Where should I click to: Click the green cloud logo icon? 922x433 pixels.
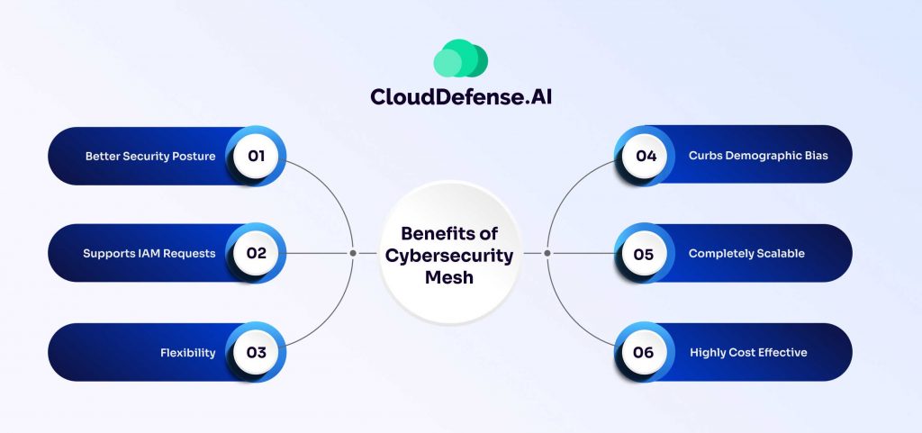[460, 58]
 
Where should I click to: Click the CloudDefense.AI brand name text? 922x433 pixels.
[461, 95]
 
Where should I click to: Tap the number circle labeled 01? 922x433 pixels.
[257, 156]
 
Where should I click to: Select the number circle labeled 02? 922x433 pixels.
[257, 254]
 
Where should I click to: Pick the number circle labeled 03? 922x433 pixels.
[257, 352]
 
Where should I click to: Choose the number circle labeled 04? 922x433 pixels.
[645, 156]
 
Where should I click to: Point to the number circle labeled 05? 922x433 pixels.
[645, 254]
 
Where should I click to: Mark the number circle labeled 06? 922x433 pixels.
[645, 352]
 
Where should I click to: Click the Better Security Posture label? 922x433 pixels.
[150, 156]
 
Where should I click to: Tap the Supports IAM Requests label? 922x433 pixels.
[149, 254]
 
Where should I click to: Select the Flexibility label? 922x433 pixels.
[188, 352]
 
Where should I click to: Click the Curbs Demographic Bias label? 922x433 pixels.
[758, 156]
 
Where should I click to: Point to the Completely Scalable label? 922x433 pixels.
[746, 254]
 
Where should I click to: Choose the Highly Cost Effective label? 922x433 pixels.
[748, 352]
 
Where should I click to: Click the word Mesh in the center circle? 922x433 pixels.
[449, 276]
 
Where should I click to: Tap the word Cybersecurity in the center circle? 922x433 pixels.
[449, 255]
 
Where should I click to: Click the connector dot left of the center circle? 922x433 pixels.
[353, 253]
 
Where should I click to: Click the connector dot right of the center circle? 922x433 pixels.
[546, 253]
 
